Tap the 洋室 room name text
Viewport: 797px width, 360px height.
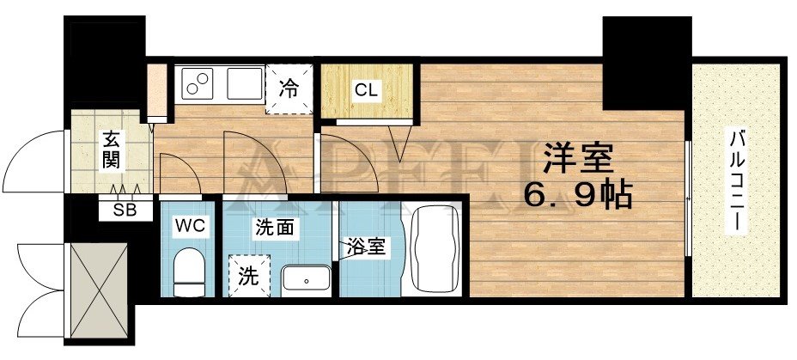(x=575, y=161)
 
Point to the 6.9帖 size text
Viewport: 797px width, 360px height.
(x=578, y=198)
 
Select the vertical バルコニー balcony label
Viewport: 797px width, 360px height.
(x=737, y=182)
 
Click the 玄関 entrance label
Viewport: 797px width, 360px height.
(x=112, y=148)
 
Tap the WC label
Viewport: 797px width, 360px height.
(x=188, y=225)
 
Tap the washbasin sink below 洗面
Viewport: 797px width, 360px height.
(x=306, y=278)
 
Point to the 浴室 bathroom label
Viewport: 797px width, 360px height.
(x=367, y=247)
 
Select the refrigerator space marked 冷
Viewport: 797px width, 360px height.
(x=289, y=88)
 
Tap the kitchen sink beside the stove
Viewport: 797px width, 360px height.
(x=245, y=85)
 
